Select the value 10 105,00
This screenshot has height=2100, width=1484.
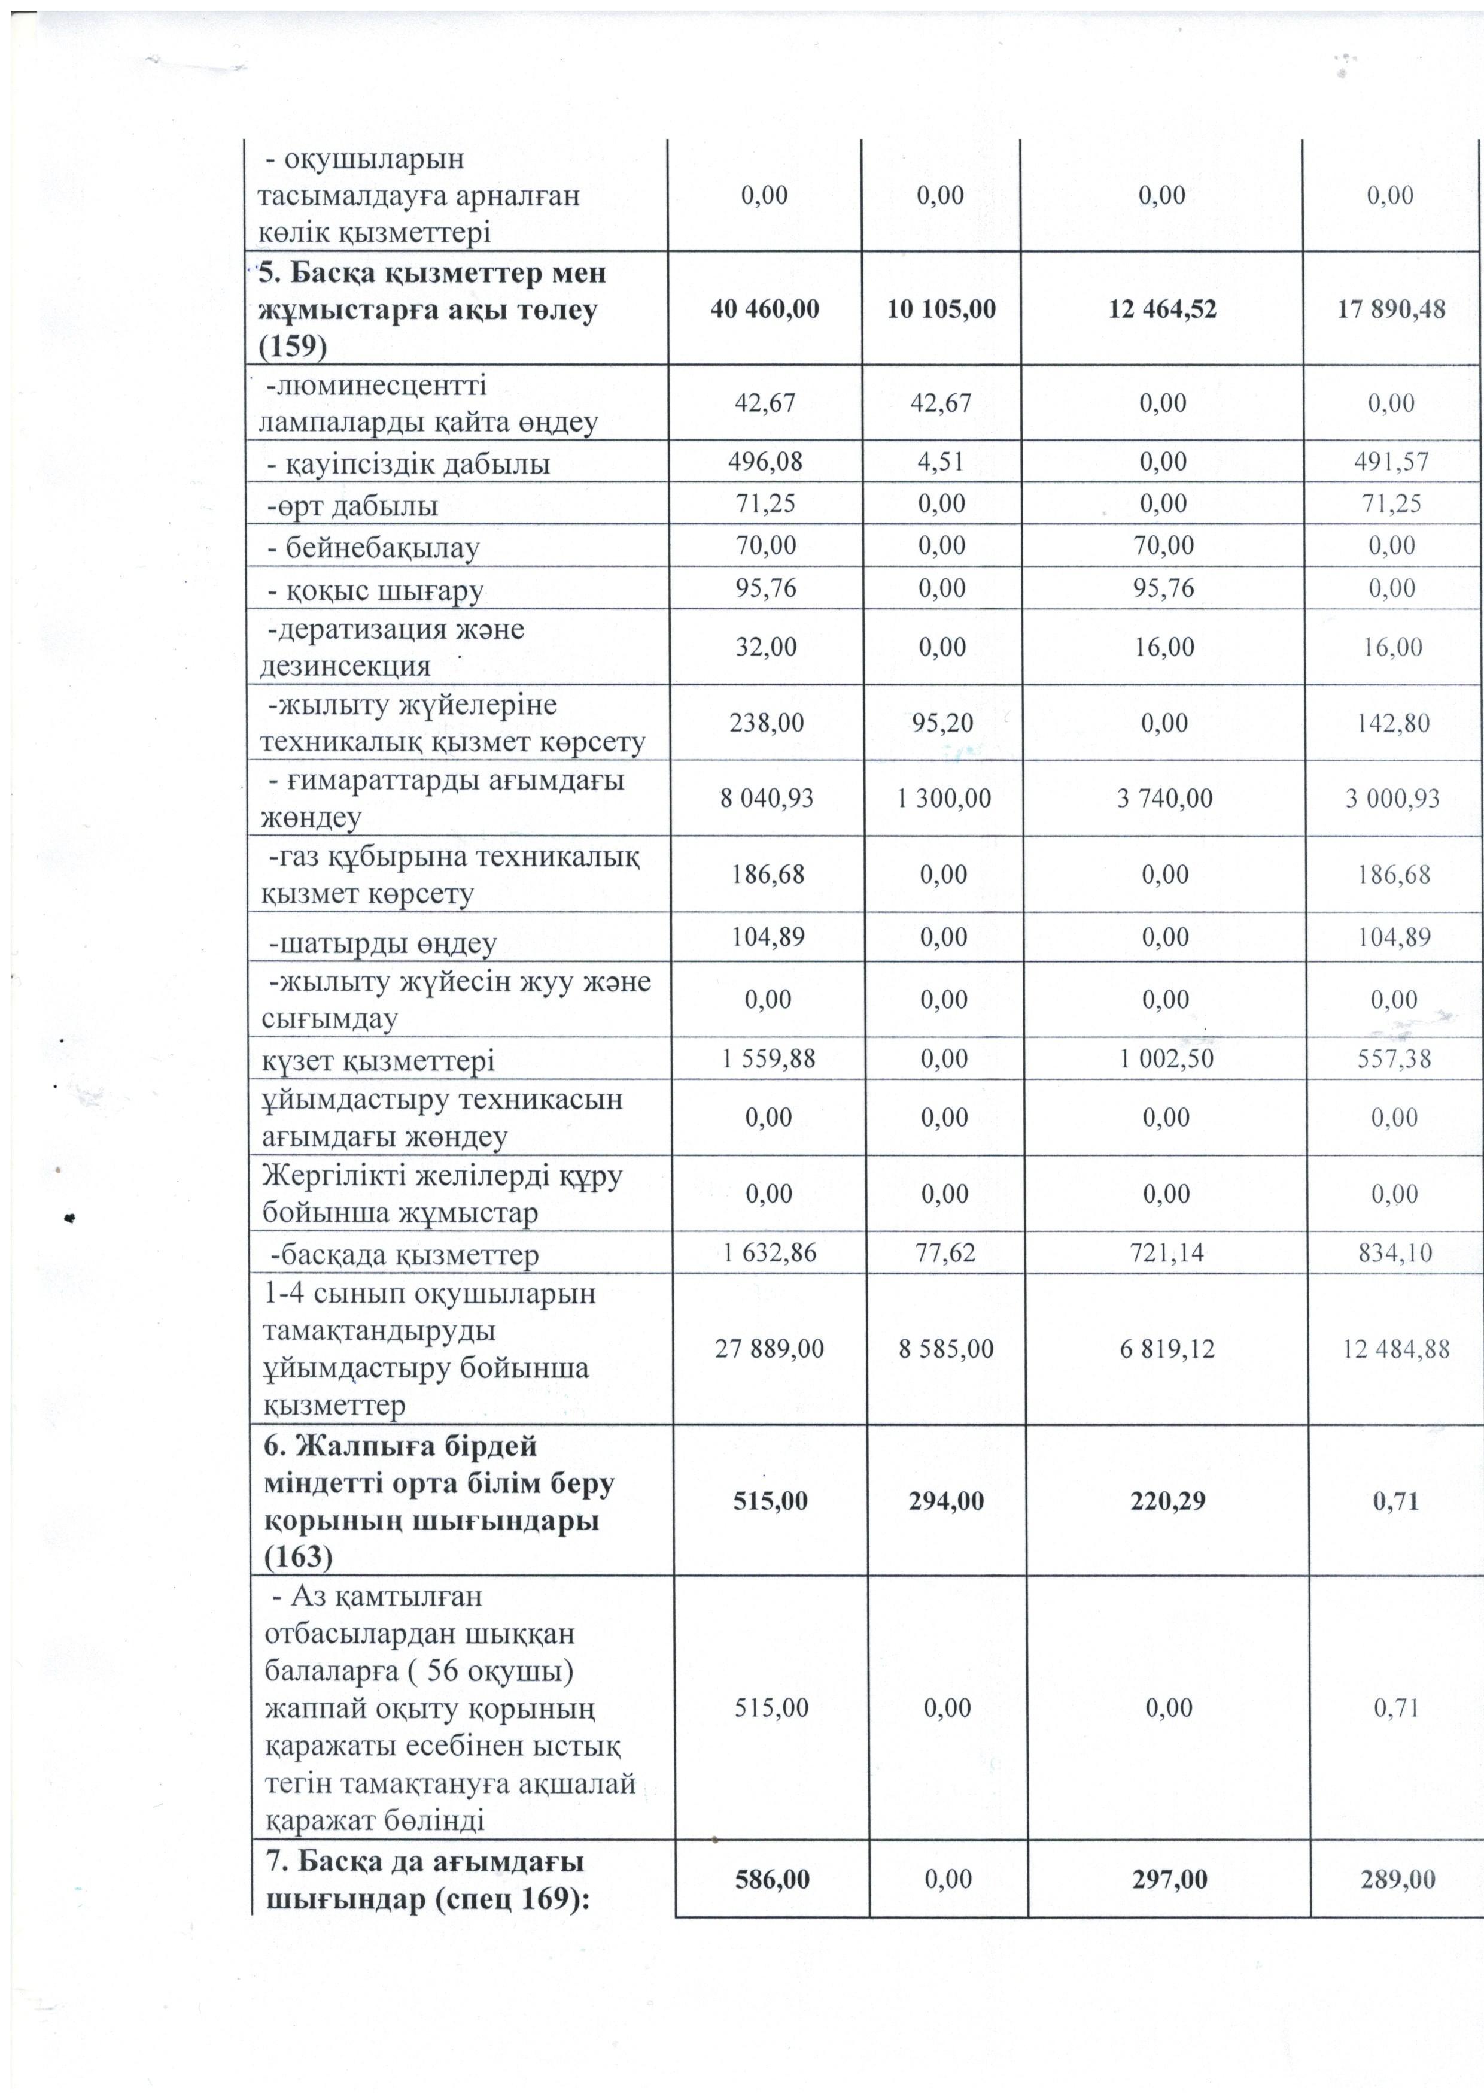941,309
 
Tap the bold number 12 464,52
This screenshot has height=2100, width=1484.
1162,309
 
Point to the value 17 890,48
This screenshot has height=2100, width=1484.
1391,309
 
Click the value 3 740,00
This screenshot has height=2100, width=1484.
1164,799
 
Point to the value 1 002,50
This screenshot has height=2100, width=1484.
1166,1059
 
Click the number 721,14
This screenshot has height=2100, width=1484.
1166,1252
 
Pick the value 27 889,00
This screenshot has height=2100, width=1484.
769,1349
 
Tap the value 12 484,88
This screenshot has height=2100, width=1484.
1395,1350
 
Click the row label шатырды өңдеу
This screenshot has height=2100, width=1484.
382,943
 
